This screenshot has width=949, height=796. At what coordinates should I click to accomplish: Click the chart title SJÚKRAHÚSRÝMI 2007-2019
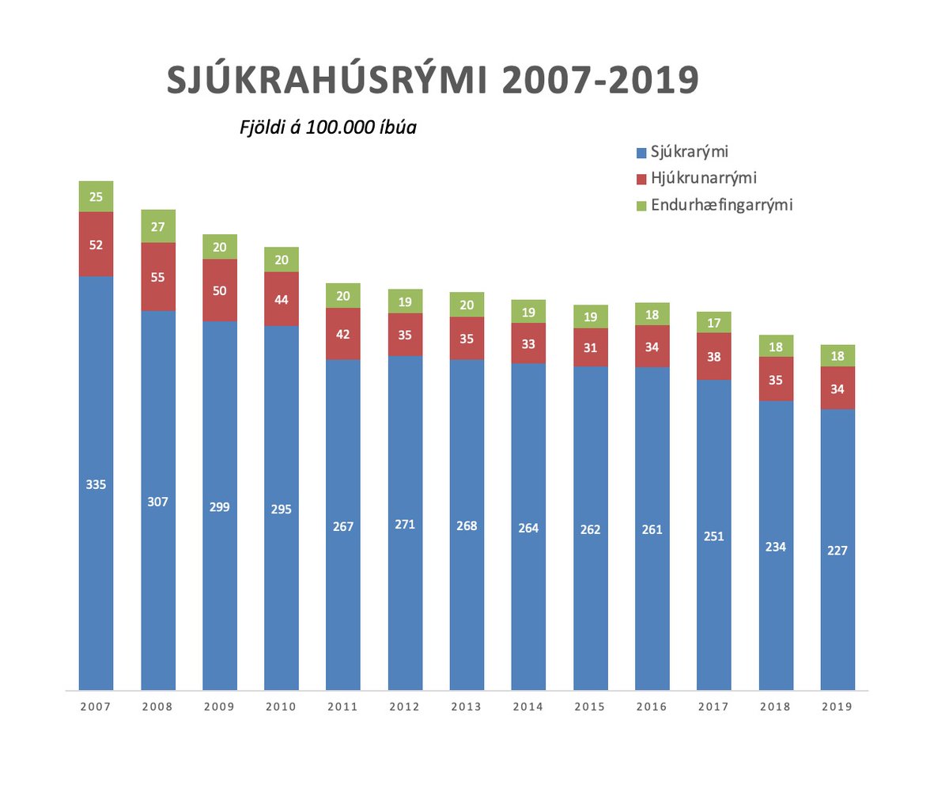click(x=433, y=81)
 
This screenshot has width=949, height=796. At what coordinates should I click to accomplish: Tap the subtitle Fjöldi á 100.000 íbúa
click(x=328, y=127)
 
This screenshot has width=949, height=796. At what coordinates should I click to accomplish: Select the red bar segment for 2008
click(x=158, y=277)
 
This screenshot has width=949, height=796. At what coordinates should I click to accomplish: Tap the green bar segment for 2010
click(x=282, y=260)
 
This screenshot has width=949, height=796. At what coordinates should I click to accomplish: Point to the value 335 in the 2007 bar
click(x=96, y=484)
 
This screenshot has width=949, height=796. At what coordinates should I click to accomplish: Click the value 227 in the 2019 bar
click(x=837, y=551)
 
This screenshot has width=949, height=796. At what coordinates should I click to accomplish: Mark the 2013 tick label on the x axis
click(x=467, y=707)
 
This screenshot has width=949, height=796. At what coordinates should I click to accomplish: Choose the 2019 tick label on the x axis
click(x=837, y=707)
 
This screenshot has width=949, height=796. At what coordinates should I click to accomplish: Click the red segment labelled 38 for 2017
click(x=714, y=356)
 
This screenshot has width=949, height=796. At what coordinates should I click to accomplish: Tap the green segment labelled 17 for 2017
click(x=714, y=322)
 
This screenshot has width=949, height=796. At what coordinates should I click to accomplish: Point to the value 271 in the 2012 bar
click(x=405, y=524)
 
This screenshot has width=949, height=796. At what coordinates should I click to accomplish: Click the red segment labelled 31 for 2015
click(x=590, y=347)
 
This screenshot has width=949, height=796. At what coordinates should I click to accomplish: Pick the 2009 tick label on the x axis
click(x=220, y=707)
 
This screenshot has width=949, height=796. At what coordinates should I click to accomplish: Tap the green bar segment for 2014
click(x=528, y=311)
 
